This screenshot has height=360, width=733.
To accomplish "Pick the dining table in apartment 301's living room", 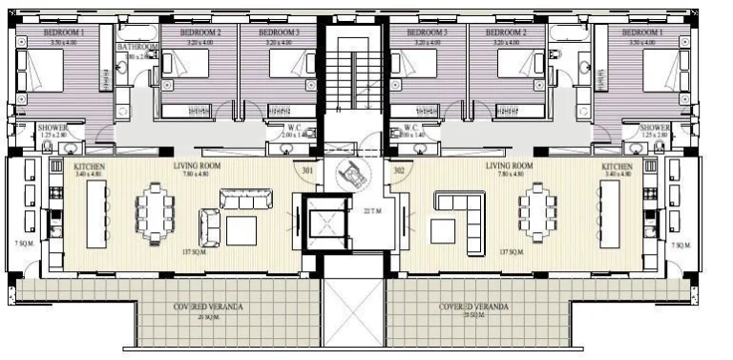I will [154, 211].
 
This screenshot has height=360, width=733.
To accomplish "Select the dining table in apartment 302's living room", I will [536, 211].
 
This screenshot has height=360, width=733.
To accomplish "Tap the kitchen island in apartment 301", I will [96, 211].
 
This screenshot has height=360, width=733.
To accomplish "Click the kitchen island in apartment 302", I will [608, 211].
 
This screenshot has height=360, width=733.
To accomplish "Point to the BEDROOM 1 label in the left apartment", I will [66, 32].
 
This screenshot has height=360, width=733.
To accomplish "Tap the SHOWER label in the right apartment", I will [655, 128].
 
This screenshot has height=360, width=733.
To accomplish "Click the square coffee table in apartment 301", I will [241, 230].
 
